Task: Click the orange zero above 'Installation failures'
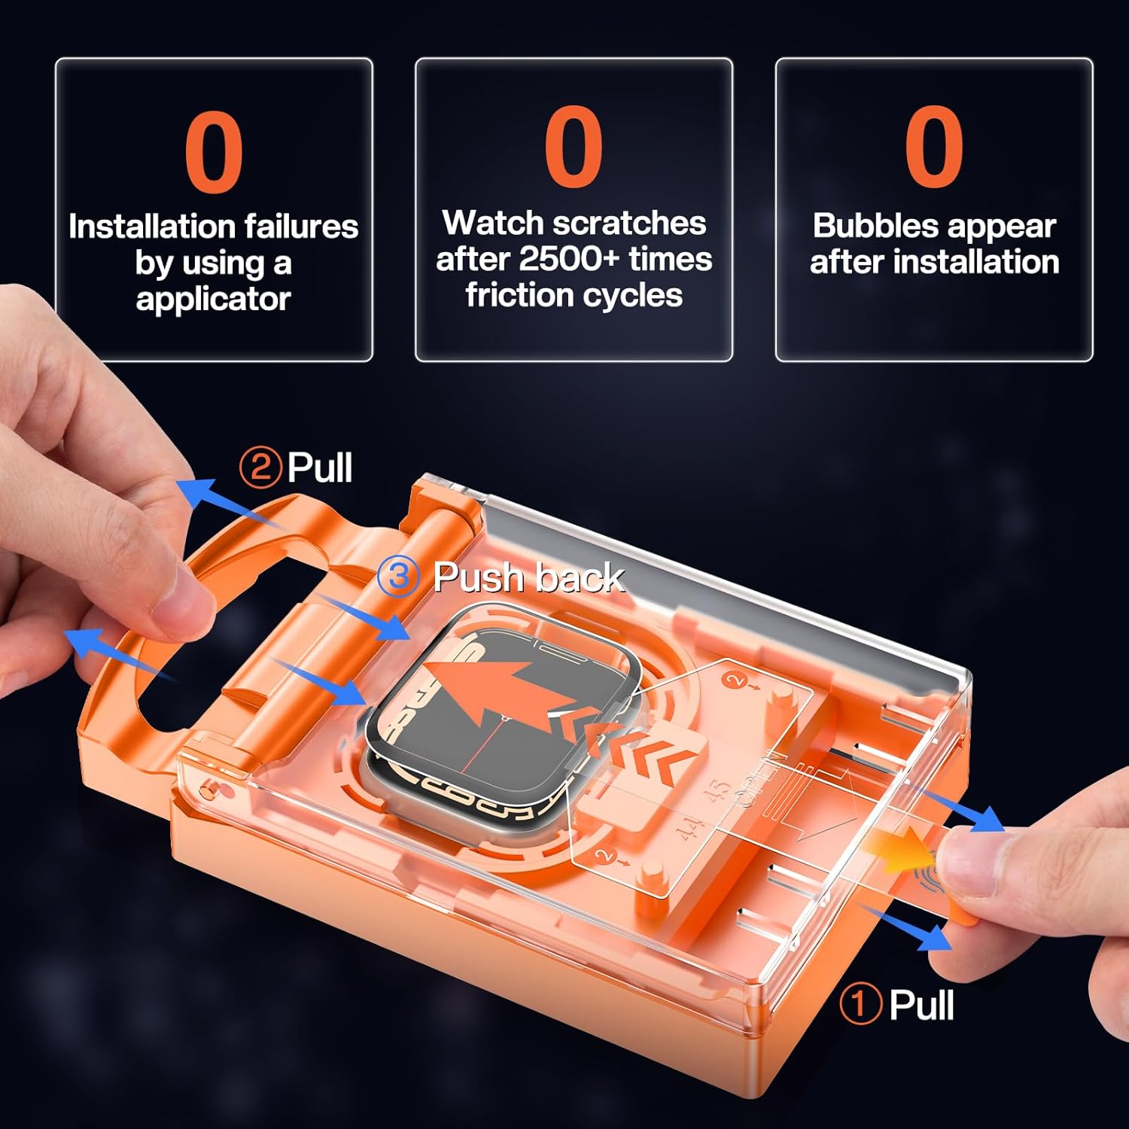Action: tap(214, 151)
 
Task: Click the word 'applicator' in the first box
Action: tap(213, 300)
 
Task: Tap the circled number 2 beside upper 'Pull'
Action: tap(260, 467)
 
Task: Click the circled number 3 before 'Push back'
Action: tap(398, 577)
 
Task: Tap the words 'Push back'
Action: tap(528, 578)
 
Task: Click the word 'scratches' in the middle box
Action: tap(630, 223)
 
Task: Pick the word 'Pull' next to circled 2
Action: tap(320, 467)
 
